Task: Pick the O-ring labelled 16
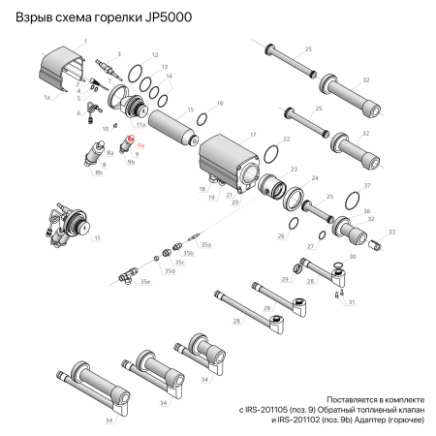[x=202, y=119]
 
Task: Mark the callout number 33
[x=392, y=233]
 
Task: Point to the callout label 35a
[x=206, y=246]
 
